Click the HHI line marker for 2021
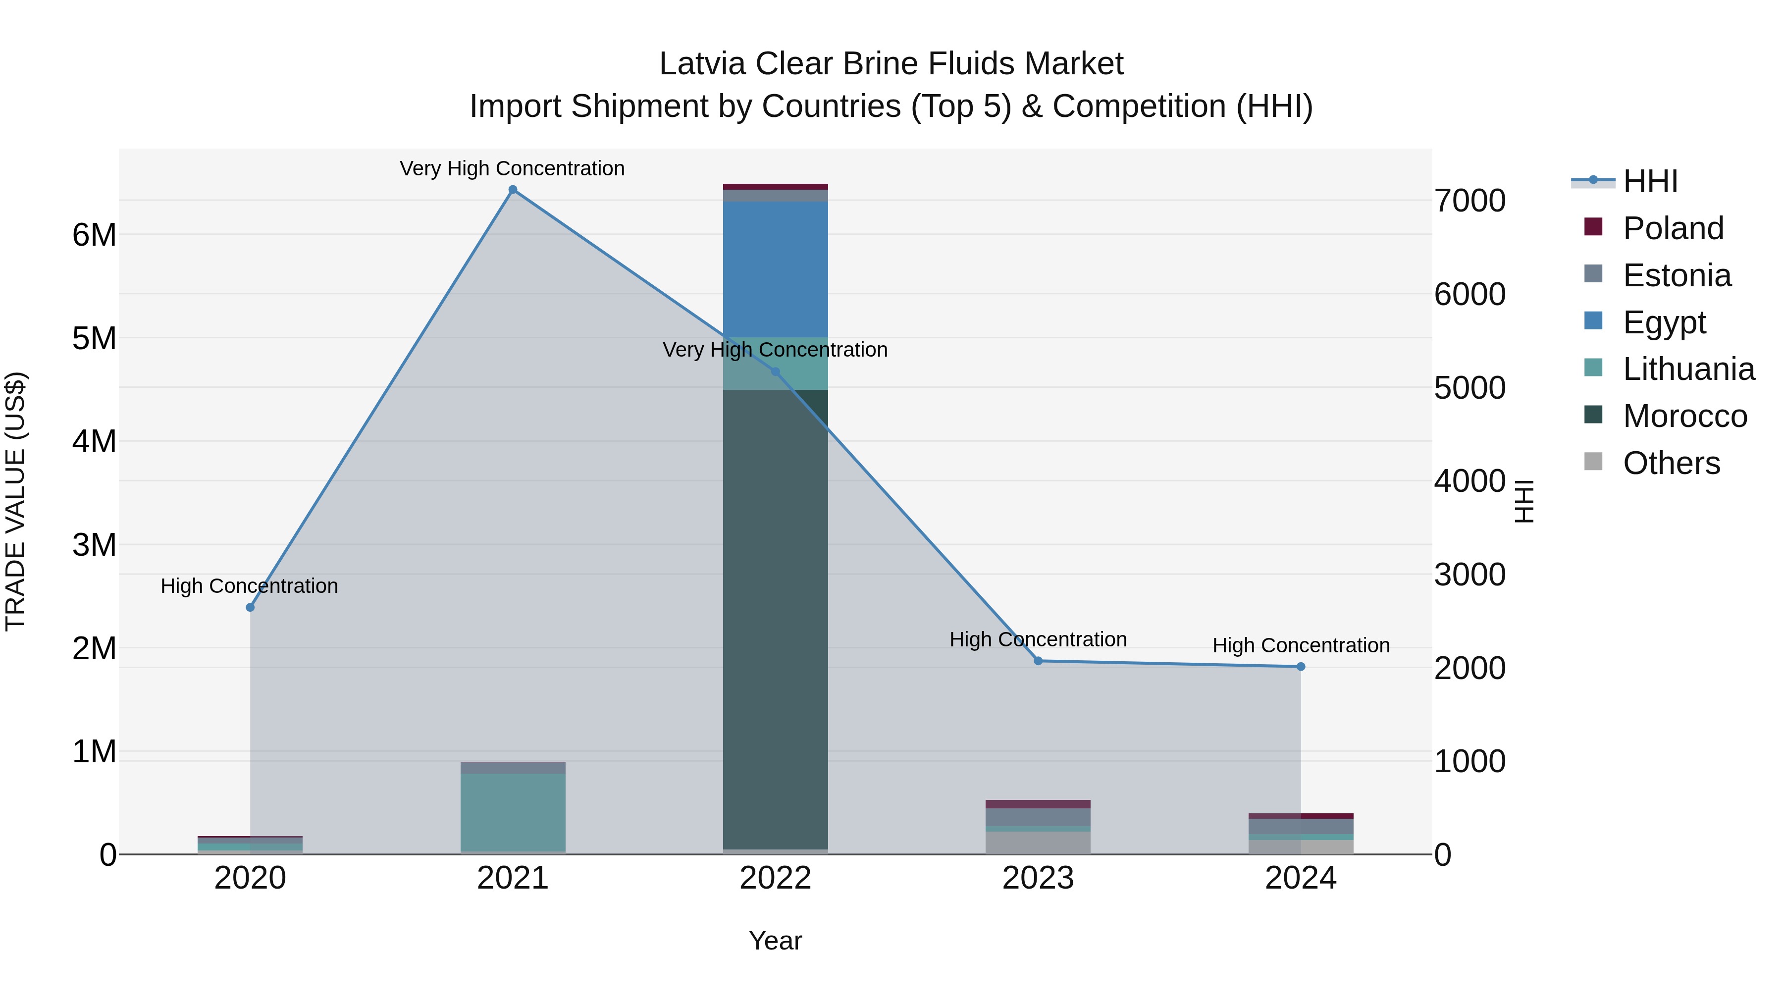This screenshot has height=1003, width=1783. pyautogui.click(x=513, y=190)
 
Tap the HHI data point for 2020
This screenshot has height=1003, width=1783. pyautogui.click(x=251, y=607)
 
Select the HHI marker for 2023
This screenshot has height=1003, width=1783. pyautogui.click(x=1038, y=661)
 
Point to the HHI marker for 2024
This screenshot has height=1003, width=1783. pyautogui.click(x=1301, y=667)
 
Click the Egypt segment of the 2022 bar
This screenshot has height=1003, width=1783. pyautogui.click(x=775, y=269)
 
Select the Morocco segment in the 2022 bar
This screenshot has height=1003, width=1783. pyautogui.click(x=775, y=616)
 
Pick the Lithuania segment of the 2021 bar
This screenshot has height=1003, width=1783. pyautogui.click(x=513, y=811)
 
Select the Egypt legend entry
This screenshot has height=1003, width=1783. pyautogui.click(x=1664, y=322)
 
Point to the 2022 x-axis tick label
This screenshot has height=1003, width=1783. pyautogui.click(x=775, y=878)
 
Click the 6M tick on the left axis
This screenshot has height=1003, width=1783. pyautogui.click(x=94, y=235)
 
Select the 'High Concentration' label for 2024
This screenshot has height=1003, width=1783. pyautogui.click(x=1301, y=645)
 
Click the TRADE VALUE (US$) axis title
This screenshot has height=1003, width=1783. pyautogui.click(x=15, y=501)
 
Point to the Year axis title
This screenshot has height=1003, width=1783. pyautogui.click(x=775, y=941)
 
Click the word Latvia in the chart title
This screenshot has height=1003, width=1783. pyautogui.click(x=702, y=64)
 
